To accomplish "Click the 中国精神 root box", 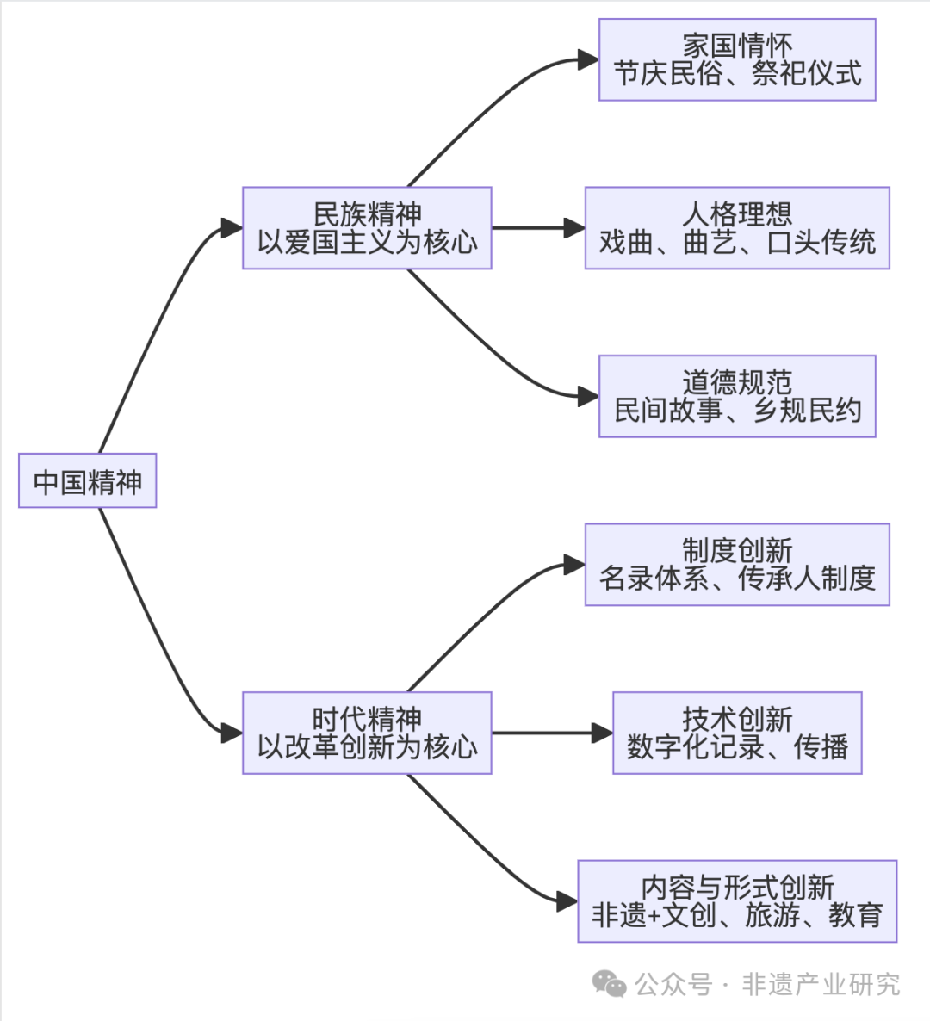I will (x=87, y=480).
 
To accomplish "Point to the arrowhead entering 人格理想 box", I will (x=575, y=228).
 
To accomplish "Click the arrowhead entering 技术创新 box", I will (x=603, y=733).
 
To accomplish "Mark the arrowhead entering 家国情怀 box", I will (x=589, y=60).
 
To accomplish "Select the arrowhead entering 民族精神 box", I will (x=232, y=228).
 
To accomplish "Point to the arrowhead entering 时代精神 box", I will (x=232, y=733).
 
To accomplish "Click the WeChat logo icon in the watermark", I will (x=610, y=984).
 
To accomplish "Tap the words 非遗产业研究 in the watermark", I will (x=821, y=984).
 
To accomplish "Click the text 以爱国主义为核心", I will (x=367, y=243).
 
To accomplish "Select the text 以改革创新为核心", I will (x=367, y=747).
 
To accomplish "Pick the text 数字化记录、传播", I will (x=737, y=747).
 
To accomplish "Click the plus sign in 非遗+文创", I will (x=654, y=916).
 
